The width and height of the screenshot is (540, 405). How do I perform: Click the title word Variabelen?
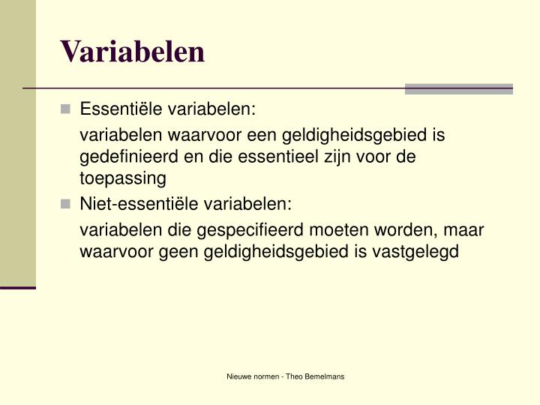[x=133, y=51]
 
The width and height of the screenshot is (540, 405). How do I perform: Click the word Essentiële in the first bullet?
[x=121, y=110]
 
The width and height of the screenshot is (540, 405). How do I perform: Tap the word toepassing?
[x=122, y=178]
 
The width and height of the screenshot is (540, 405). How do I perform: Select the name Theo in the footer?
[x=292, y=376]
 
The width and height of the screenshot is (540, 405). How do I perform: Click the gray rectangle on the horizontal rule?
[x=458, y=88]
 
